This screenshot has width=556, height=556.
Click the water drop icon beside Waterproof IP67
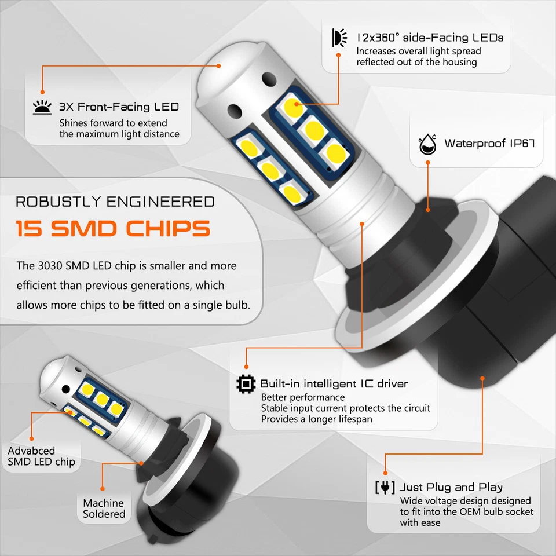tap(427, 144)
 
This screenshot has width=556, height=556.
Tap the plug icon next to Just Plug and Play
tap(385, 487)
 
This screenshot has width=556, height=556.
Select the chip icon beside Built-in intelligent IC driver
tap(246, 383)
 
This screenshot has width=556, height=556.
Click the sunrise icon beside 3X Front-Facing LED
tap(42, 107)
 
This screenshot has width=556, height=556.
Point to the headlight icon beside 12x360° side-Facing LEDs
tap(338, 38)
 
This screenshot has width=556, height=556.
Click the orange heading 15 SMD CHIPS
tap(113, 229)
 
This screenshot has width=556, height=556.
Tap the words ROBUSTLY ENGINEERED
tap(115, 202)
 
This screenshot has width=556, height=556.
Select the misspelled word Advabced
tap(31, 451)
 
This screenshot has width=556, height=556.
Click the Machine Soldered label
tap(104, 509)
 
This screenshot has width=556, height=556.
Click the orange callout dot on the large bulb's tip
tap(219, 65)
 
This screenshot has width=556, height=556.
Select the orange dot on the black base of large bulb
tap(482, 378)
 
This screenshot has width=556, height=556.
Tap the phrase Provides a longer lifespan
tap(316, 419)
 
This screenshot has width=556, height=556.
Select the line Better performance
tap(303, 397)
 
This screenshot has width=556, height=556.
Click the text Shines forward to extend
tap(113, 123)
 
